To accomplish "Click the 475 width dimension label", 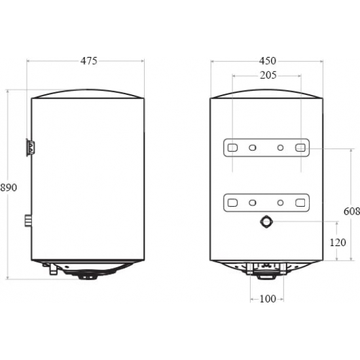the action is (x=89, y=61).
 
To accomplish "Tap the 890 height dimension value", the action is (x=9, y=188).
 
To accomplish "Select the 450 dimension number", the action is (x=268, y=61).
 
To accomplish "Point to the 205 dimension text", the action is (x=268, y=75).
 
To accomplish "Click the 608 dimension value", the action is (x=351, y=211).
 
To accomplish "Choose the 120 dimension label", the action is (x=338, y=243).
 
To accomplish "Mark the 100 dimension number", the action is (x=268, y=299).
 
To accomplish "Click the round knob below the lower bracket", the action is (x=266, y=222).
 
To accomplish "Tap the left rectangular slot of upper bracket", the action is (x=232, y=148).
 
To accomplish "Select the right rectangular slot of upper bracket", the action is (x=300, y=148).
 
